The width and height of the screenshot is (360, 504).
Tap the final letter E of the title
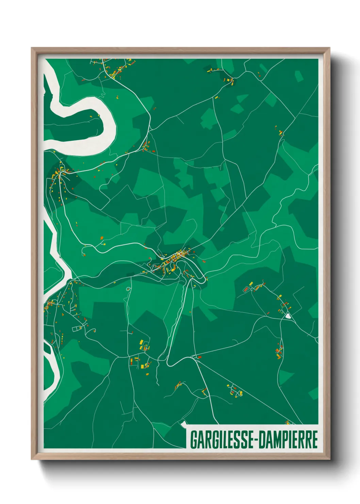[314, 440]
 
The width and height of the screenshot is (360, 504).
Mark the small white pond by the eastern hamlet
[289, 316]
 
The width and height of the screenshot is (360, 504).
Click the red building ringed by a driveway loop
[245, 289]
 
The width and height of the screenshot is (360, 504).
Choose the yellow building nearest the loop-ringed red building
[251, 283]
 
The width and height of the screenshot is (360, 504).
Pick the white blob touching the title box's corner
[184, 424]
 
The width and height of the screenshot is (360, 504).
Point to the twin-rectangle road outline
[77, 329]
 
